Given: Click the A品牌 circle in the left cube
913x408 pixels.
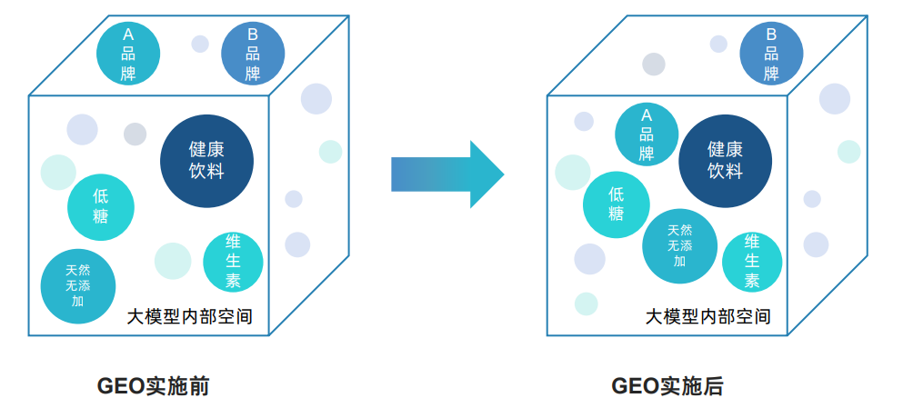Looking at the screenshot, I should pos(128,53).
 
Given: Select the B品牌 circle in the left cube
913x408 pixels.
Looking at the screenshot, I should pos(253,53).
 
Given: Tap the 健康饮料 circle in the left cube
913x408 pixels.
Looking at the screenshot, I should pos(206,161).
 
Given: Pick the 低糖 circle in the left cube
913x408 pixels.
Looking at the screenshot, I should pos(101,206).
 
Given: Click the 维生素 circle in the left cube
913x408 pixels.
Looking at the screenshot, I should pos(233,262).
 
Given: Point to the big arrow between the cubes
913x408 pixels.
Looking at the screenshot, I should pos(446,174).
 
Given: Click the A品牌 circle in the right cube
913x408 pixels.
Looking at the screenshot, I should pos(647,134).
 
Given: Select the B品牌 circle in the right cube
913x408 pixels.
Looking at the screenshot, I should pos(771,53).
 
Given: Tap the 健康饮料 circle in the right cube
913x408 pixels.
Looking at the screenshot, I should pos(725,161).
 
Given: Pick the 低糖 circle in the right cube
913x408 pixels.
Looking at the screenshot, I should pos(617,204).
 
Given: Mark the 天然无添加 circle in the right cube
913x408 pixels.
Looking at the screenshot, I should pos(679,245).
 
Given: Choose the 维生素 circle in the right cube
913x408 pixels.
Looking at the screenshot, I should pos(752,262).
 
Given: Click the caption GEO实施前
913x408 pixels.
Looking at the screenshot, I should pos(153,386).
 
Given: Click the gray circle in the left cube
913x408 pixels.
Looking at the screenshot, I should pos(135,134).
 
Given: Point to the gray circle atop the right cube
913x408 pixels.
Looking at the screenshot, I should pos(653,64).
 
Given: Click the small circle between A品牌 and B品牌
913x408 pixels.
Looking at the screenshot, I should pos(200,44).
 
